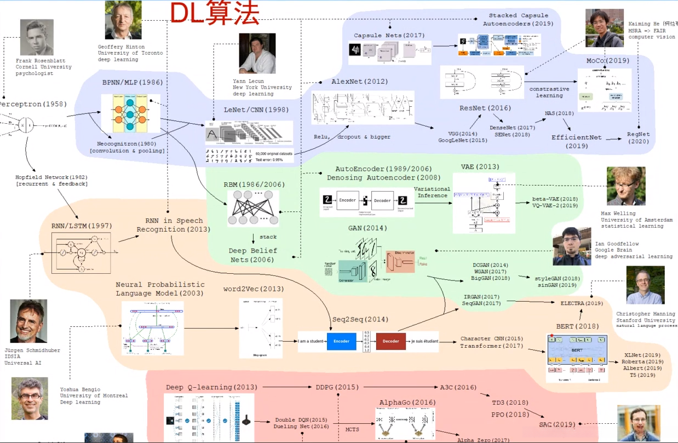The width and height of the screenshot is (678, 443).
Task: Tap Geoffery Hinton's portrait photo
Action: tap(123, 20)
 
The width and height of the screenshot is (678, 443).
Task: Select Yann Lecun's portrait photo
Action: tap(257, 54)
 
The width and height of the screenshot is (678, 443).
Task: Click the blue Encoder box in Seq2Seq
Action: tap(342, 341)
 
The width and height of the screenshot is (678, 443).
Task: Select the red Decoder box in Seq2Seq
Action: tap(391, 341)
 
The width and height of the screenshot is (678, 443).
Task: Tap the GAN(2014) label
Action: tap(367, 228)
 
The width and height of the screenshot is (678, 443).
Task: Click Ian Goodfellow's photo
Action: tap(572, 246)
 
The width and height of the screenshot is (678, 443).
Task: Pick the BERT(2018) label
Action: tap(573, 326)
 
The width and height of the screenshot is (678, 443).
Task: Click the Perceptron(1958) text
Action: tap(32, 104)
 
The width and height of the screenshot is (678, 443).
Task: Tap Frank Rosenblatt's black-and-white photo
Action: tap(37, 37)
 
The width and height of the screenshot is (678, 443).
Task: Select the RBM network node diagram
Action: tap(253, 208)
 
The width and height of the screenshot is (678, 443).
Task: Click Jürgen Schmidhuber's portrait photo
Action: tap(28, 321)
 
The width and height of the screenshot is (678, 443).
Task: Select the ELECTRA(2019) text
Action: tap(582, 303)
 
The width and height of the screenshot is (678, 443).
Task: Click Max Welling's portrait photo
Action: tap(626, 186)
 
